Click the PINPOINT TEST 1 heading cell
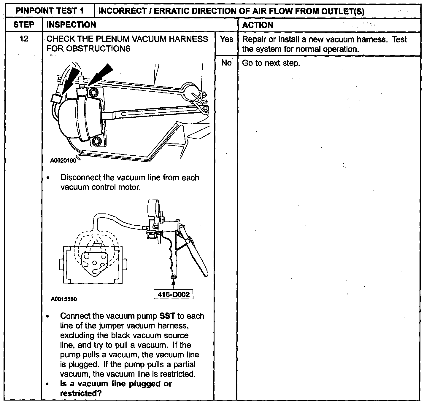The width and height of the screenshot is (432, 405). (x=50, y=11)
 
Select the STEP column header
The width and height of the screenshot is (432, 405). (x=23, y=25)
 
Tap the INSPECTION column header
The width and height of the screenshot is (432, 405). (x=72, y=25)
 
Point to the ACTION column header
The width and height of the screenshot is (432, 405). (x=258, y=25)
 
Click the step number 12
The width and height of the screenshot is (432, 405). (x=24, y=39)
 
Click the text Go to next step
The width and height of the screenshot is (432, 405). (x=271, y=63)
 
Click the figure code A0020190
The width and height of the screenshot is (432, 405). (x=63, y=161)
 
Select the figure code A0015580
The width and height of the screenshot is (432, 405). (x=64, y=299)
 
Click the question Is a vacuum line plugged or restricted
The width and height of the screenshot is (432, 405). (x=116, y=388)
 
